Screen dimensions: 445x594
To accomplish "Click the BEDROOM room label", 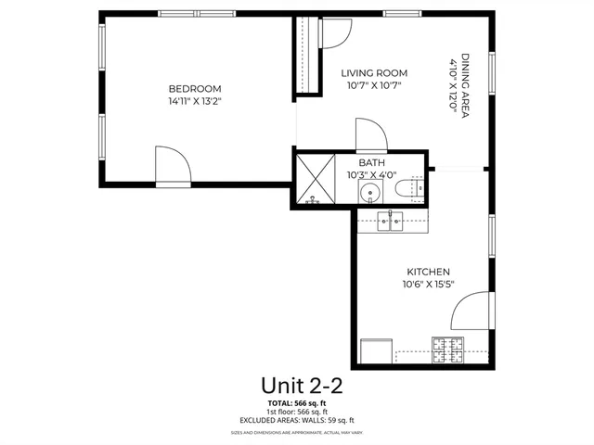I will [194, 89].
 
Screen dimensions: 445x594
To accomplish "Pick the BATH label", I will [371, 161].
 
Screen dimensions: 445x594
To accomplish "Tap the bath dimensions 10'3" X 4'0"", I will [372, 173].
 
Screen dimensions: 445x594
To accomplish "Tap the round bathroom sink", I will [370, 194].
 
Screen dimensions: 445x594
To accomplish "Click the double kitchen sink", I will [390, 221].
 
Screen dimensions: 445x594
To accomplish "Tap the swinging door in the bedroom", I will [173, 166].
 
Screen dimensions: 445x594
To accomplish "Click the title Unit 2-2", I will [296, 385].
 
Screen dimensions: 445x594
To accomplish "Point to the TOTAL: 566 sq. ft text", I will [297, 404].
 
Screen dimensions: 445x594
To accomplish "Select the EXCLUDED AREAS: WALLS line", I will [297, 420].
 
